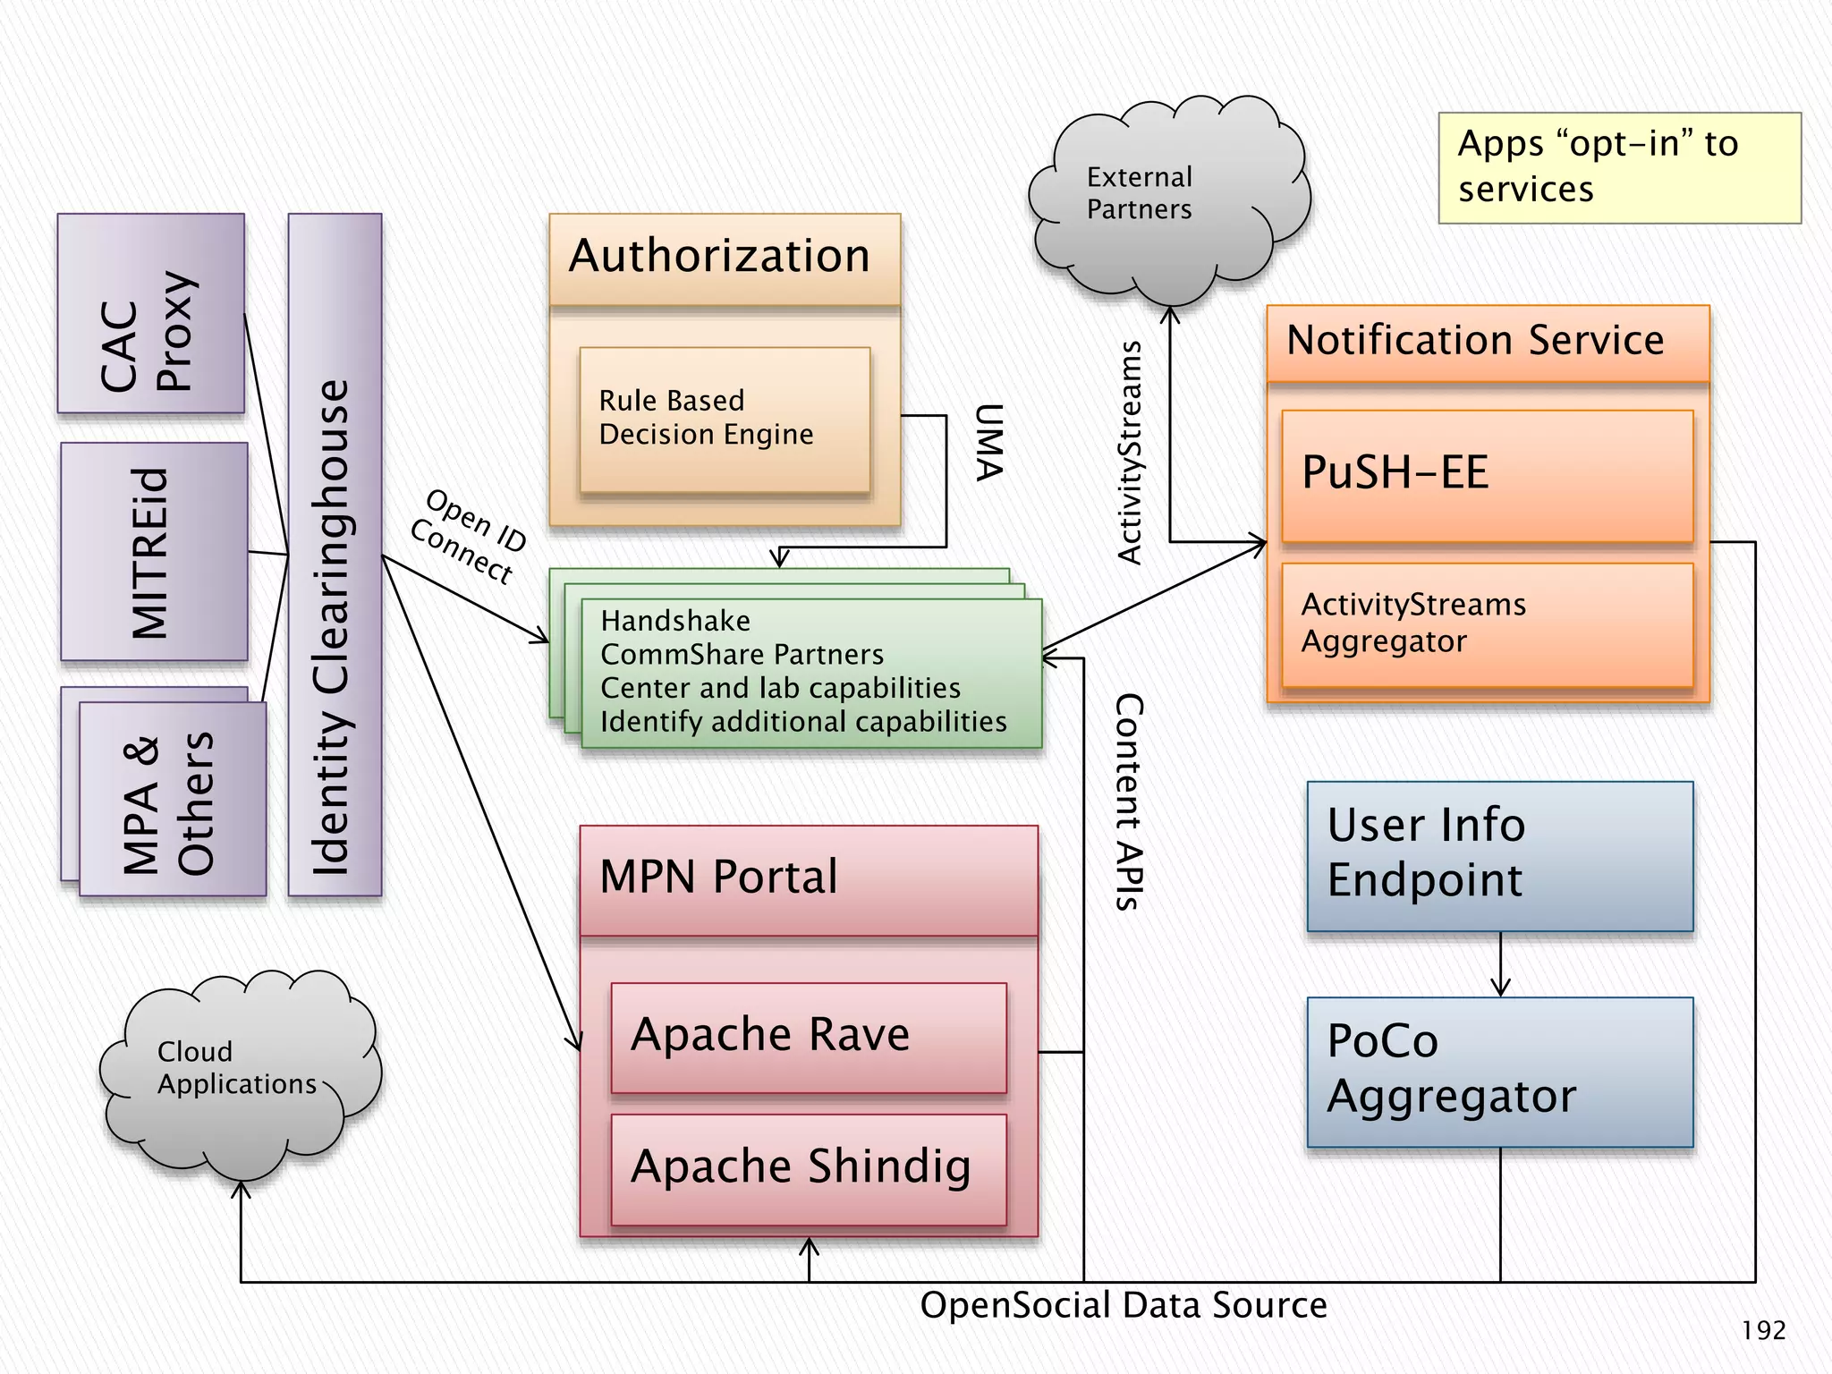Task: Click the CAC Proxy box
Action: (150, 313)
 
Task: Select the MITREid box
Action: (154, 552)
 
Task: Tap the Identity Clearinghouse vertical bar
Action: (335, 555)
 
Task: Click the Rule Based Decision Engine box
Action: (725, 419)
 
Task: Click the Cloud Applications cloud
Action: (237, 1073)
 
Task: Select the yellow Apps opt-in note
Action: (1619, 167)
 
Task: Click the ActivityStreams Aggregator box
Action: (1487, 624)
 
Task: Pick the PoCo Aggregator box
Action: (1499, 1072)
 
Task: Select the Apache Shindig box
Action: (809, 1168)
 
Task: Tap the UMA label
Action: (988, 442)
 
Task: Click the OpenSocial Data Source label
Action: (1124, 1305)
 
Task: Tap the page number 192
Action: (1763, 1331)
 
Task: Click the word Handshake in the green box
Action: (675, 621)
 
